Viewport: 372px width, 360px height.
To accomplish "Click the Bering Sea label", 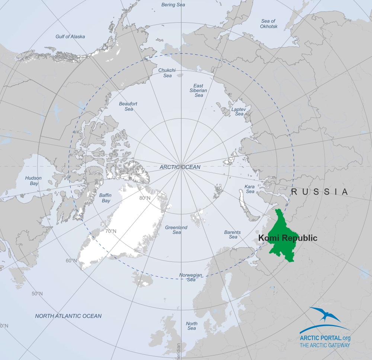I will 173,5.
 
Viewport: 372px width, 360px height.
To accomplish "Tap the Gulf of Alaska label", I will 70,36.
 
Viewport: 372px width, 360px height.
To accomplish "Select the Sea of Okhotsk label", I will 269,24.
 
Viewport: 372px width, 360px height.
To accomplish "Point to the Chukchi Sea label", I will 167,73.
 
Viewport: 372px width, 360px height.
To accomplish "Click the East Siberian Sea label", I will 199,90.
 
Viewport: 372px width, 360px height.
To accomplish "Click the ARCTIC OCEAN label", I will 180,167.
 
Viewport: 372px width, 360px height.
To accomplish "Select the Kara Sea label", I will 250,189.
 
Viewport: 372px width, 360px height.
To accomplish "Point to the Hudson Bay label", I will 33,181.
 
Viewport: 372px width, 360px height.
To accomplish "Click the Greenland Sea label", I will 176,229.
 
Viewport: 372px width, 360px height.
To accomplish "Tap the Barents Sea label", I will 232,234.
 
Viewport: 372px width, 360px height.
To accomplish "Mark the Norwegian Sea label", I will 191,277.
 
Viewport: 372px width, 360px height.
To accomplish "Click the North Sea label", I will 192,326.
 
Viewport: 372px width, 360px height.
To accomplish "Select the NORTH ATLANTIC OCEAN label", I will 68,316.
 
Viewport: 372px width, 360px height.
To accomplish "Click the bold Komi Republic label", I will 288,238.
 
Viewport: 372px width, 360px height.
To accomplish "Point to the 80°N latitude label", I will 145,198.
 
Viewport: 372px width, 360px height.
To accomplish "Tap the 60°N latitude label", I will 71,260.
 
